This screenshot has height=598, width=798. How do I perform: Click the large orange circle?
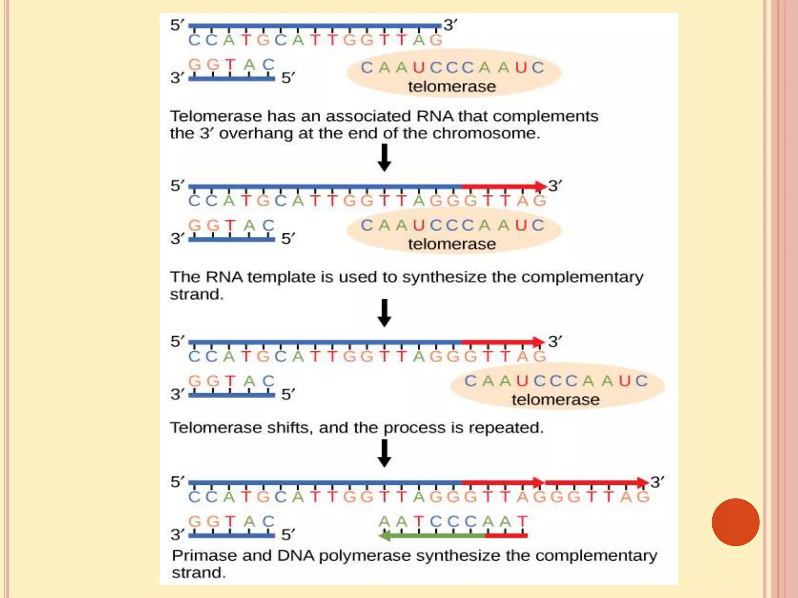coord(735,522)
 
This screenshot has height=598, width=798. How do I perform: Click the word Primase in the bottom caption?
coord(203,556)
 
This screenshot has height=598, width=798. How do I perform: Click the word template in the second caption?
coord(281,277)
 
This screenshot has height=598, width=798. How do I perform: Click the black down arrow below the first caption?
coord(385,158)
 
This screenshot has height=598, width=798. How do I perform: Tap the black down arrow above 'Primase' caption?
coord(385,453)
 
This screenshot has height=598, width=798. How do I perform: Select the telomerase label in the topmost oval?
coord(452,86)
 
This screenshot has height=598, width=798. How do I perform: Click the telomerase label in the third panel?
coord(556,400)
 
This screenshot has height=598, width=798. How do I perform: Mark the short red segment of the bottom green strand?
coord(506,536)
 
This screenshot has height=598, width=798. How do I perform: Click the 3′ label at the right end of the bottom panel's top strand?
coord(657,482)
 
